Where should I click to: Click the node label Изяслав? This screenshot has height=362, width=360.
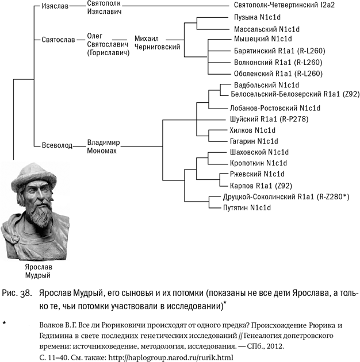[x=55, y=6]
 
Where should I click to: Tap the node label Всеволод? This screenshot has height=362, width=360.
[x=57, y=145]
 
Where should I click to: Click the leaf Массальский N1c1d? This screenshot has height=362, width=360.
[x=267, y=28]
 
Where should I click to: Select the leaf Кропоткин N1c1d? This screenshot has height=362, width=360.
[x=255, y=163]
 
